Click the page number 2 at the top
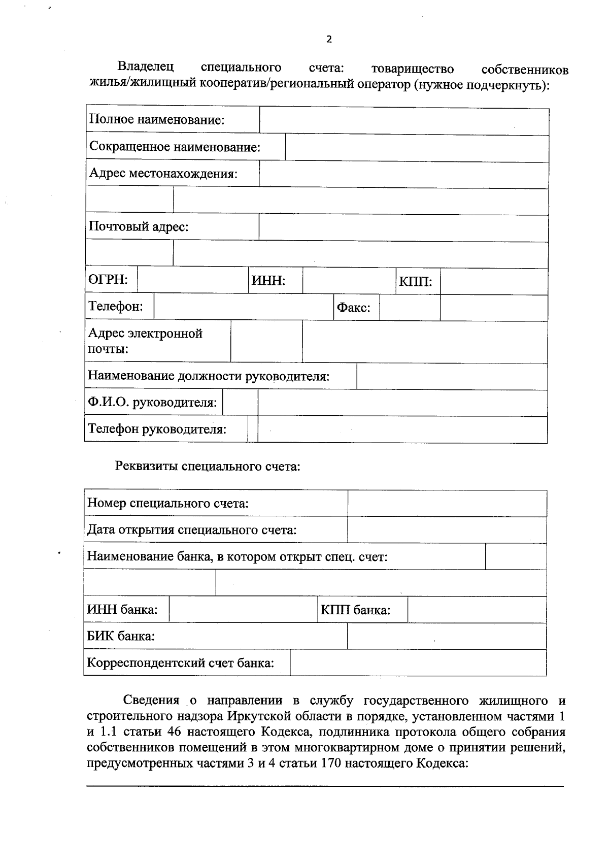[329, 40]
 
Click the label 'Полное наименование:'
[157, 120]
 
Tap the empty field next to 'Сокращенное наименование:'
[416, 148]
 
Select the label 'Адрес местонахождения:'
[163, 174]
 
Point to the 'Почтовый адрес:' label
[139, 226]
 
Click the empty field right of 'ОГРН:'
[192, 280]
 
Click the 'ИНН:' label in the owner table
[268, 281]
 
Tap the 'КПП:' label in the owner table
[415, 282]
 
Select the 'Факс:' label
[353, 308]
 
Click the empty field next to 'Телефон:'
[243, 307]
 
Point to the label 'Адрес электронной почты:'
[145, 341]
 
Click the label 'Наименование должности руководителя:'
[209, 376]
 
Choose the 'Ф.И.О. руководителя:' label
[152, 403]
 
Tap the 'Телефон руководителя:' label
[157, 429]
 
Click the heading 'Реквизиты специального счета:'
[208, 466]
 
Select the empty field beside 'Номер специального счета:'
[447, 504]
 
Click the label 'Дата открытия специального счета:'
[192, 530]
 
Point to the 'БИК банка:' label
[121, 636]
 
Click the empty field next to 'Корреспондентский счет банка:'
[418, 663]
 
